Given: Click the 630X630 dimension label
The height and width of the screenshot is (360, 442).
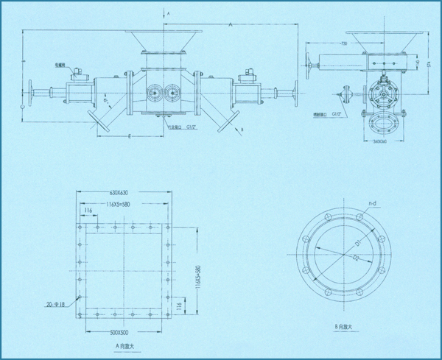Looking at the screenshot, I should (124, 193).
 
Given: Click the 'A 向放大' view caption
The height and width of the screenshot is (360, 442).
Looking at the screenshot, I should (123, 344).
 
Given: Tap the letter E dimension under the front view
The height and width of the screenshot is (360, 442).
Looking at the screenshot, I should (130, 137).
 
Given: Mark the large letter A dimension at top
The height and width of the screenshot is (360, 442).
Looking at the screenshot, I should (231, 26).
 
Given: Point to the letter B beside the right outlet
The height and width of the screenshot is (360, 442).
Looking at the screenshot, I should (242, 130).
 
